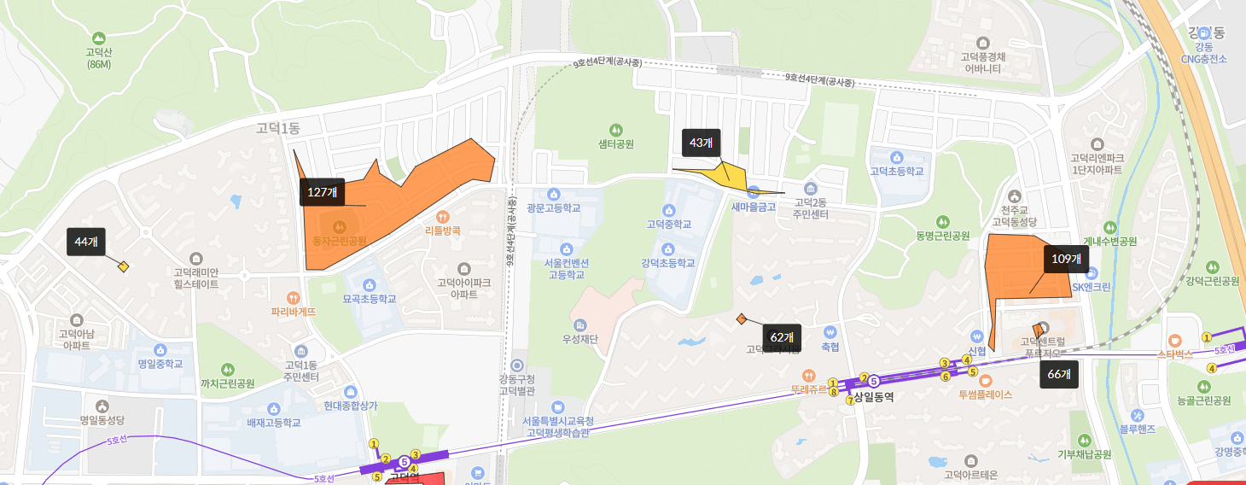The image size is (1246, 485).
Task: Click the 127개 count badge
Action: [322, 192]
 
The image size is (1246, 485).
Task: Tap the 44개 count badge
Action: [86, 242]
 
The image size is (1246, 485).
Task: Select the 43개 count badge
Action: [702, 143]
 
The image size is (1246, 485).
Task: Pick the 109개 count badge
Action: [1066, 259]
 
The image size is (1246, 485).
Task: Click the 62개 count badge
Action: [782, 336]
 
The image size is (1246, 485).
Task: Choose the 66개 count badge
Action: [1059, 374]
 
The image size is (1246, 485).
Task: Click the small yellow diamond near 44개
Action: [124, 266]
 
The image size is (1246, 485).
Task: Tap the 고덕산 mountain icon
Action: [99, 38]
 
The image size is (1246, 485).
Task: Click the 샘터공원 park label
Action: [615, 144]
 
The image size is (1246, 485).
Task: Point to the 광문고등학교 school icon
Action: [554, 194]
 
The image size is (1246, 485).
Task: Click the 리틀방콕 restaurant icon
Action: [442, 216]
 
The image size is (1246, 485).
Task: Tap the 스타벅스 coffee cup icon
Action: [1174, 339]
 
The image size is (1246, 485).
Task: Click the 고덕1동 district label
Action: [278, 128]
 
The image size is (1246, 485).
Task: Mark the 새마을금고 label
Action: [752, 206]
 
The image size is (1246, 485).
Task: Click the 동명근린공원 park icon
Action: [943, 220]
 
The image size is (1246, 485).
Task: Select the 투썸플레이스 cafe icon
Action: [985, 380]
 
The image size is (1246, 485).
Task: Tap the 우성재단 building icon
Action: [580, 325]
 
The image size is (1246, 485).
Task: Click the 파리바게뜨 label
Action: [294, 313]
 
